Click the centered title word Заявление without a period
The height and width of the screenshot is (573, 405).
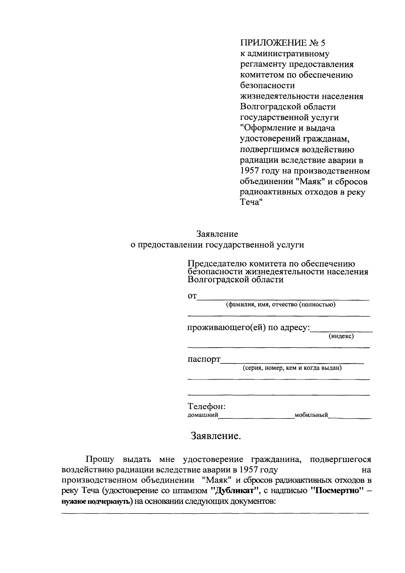217,234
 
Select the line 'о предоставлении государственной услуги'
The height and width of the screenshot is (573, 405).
217,245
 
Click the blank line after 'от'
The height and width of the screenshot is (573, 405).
283,298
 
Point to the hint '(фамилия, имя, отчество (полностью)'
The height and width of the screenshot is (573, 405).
281,305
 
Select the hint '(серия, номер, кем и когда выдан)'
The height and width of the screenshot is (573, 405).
292,368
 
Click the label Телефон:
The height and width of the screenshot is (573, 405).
206,406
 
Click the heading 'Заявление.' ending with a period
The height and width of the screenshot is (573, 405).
216,436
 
